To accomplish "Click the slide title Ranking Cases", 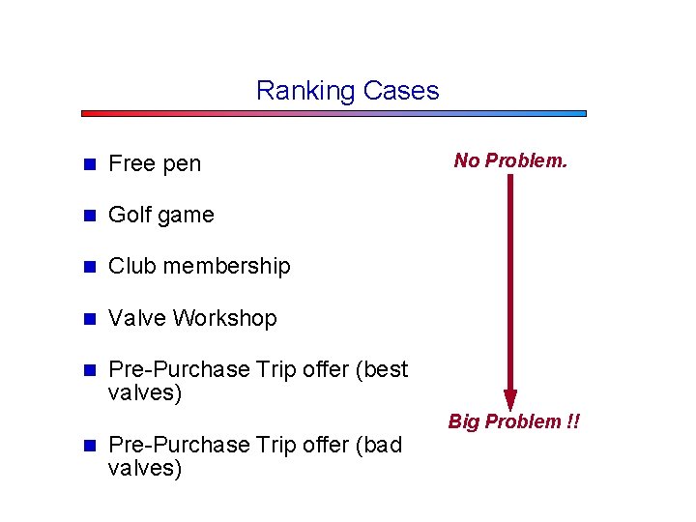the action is click(x=347, y=91).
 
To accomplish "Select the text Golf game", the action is click(x=160, y=215).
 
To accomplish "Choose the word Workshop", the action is click(x=233, y=318).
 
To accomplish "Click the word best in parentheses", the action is click(x=386, y=369).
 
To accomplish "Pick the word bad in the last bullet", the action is click(x=382, y=445).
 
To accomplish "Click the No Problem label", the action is click(x=510, y=160).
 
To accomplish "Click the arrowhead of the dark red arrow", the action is click(x=510, y=399).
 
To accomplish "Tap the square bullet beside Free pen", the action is click(x=88, y=164).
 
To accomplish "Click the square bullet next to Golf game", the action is click(x=88, y=216).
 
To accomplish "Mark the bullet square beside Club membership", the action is click(x=88, y=267).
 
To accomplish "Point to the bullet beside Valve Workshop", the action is click(x=88, y=319).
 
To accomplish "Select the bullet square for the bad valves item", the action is click(x=88, y=446).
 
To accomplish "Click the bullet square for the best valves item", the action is click(x=88, y=370).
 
